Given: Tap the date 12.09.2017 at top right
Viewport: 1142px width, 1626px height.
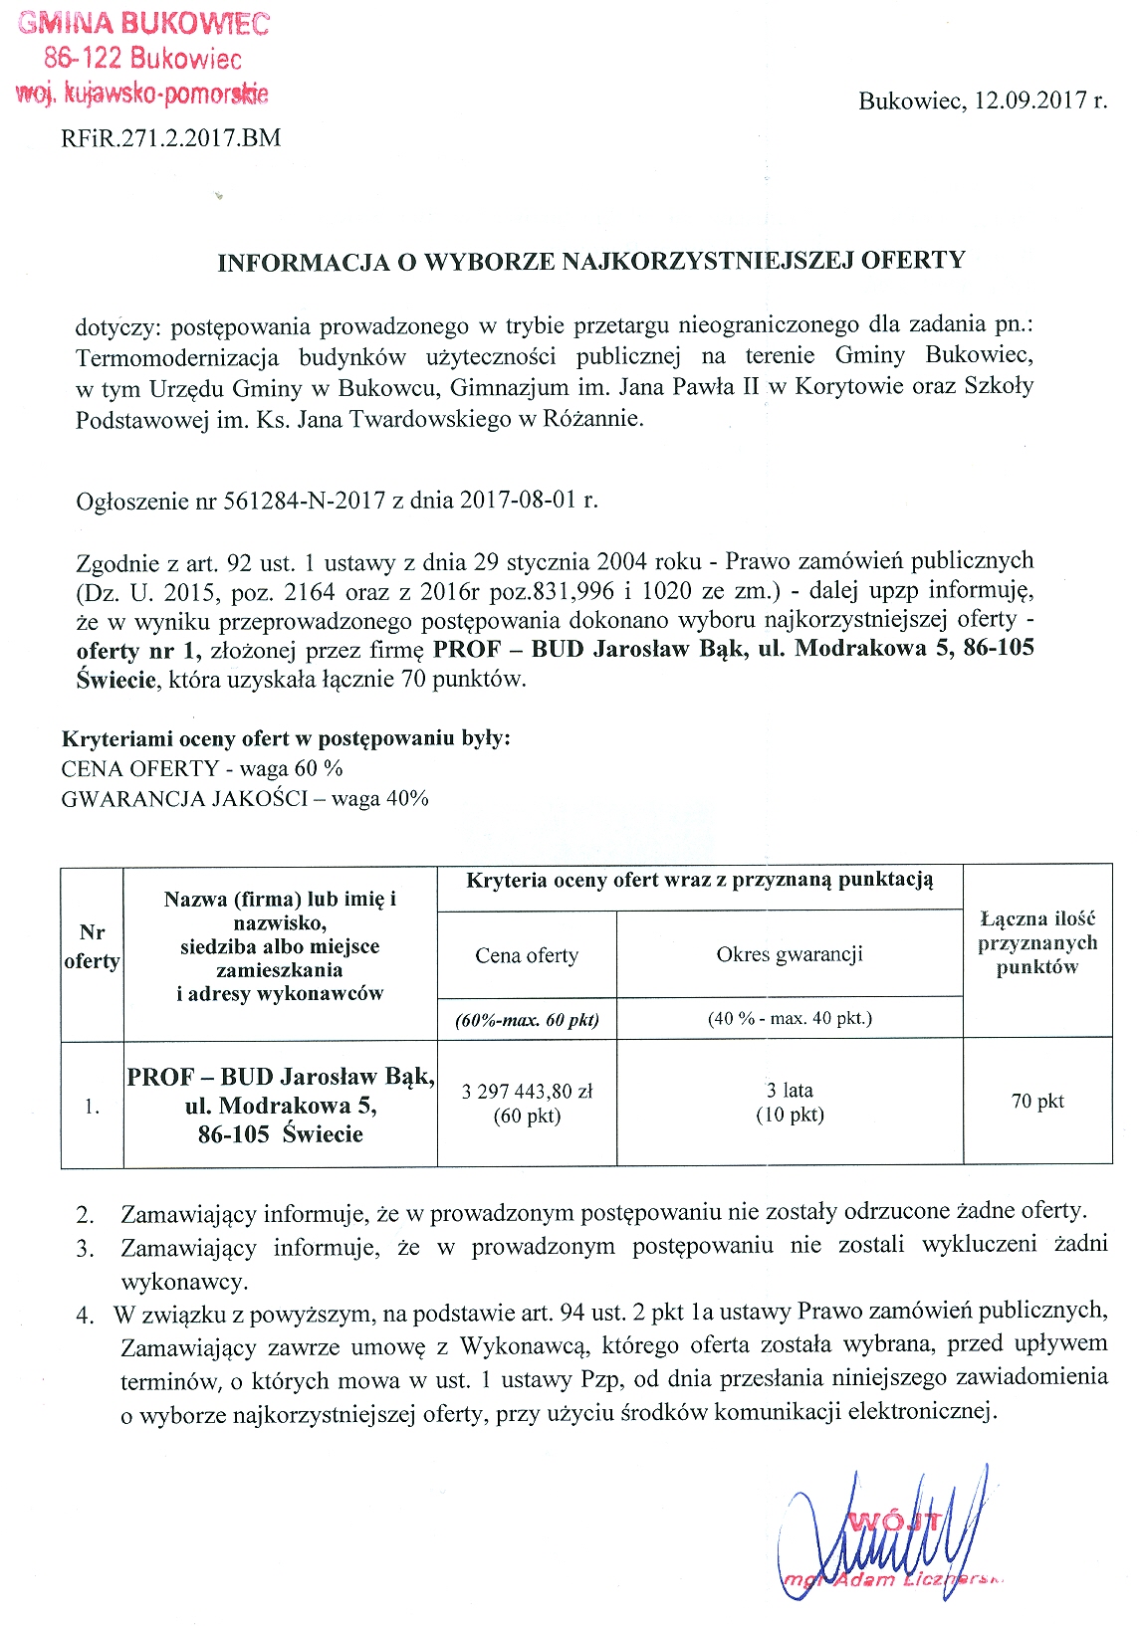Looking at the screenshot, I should pos(1031,101).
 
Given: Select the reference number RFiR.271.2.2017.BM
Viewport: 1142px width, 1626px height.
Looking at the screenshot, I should pos(171,138).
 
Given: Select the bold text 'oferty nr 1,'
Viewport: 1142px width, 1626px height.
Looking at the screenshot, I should pos(139,651).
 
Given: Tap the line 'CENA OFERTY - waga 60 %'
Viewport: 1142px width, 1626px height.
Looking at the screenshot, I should pos(202,769).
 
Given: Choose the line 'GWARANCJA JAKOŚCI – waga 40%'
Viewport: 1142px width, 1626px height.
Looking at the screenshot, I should pos(245,799).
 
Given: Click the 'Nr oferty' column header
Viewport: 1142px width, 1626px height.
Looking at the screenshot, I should pos(92,946).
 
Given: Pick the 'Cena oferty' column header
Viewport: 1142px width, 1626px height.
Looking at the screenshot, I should pos(527,956).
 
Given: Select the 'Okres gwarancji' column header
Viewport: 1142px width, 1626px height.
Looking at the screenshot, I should pos(790,955).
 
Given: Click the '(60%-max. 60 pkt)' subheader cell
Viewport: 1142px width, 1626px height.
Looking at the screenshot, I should pos(527,1020).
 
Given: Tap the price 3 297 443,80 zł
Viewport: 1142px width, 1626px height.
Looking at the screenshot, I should pos(527,1092).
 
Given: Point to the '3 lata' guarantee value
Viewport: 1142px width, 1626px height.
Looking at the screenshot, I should pos(790,1091).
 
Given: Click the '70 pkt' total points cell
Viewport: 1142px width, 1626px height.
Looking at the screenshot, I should pos(1037,1102).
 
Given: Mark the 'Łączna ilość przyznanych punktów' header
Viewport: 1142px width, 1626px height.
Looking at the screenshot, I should pos(1037,943).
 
